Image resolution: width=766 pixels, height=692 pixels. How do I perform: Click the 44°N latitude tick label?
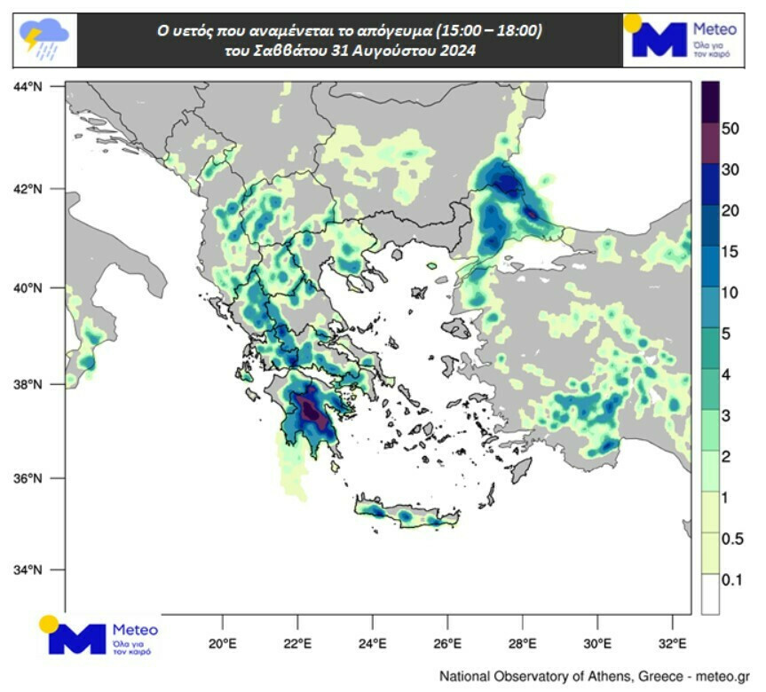click(28, 86)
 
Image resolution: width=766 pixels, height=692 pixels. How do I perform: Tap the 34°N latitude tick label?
click(28, 570)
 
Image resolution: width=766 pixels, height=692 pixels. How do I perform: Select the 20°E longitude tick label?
click(222, 643)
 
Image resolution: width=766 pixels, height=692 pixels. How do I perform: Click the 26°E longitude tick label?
click(447, 643)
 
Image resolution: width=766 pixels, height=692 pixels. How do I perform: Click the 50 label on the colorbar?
click(730, 129)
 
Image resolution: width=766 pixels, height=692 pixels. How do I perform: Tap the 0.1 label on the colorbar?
click(732, 579)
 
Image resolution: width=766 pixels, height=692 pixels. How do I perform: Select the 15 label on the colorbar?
click(730, 251)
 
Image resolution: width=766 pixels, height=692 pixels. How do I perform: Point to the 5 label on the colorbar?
click(726, 334)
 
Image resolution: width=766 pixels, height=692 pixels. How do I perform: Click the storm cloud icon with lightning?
click(43, 40)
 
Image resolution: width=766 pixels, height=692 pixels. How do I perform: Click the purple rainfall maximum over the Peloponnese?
click(309, 409)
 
